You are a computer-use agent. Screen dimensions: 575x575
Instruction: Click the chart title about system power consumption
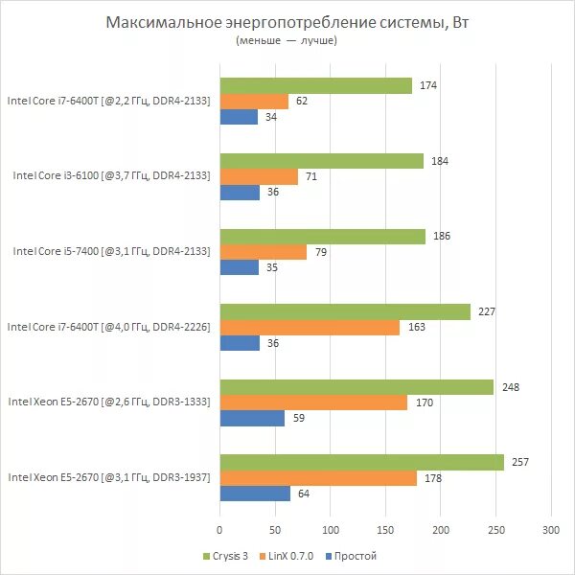pos(288,22)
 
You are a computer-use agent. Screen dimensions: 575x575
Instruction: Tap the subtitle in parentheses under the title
pos(287,42)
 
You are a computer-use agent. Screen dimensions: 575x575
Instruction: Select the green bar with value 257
pos(361,462)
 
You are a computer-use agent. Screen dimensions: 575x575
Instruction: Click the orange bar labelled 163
pos(310,327)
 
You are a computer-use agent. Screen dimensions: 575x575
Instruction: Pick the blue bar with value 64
pos(255,494)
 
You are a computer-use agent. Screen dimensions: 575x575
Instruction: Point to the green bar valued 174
pos(315,85)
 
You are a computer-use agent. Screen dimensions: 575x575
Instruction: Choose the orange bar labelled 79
pos(264,252)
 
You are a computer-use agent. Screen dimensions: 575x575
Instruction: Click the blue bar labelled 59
pos(252,419)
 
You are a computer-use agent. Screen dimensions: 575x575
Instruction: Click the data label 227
pos(484,311)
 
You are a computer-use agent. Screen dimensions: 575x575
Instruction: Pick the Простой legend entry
pos(351,556)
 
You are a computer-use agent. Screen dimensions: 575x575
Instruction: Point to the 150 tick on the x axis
pos(385,528)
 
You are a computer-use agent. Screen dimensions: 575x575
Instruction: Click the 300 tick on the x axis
pos(551,528)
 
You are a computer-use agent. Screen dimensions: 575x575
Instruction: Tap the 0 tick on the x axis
pos(219,528)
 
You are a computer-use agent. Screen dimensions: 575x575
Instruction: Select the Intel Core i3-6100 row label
pos(111,176)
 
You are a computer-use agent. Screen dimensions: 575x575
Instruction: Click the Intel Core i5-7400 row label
pos(111,251)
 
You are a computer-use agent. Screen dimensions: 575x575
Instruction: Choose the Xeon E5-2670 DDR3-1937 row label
pos(108,476)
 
